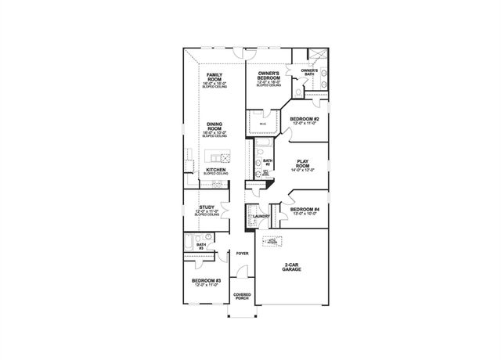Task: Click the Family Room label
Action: click(214, 76)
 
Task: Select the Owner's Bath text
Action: click(308, 72)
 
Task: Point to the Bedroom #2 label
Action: click(303, 119)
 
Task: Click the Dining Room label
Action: click(214, 128)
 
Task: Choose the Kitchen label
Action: click(216, 169)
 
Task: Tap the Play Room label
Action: click(302, 164)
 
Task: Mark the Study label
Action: click(207, 207)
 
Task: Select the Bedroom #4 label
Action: click(303, 209)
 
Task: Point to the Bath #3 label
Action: click(201, 247)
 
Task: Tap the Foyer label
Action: click(242, 254)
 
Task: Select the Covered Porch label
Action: click(242, 297)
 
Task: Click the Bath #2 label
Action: click(266, 162)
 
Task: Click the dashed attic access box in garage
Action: click(272, 242)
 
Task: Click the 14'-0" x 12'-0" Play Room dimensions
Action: click(302, 170)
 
